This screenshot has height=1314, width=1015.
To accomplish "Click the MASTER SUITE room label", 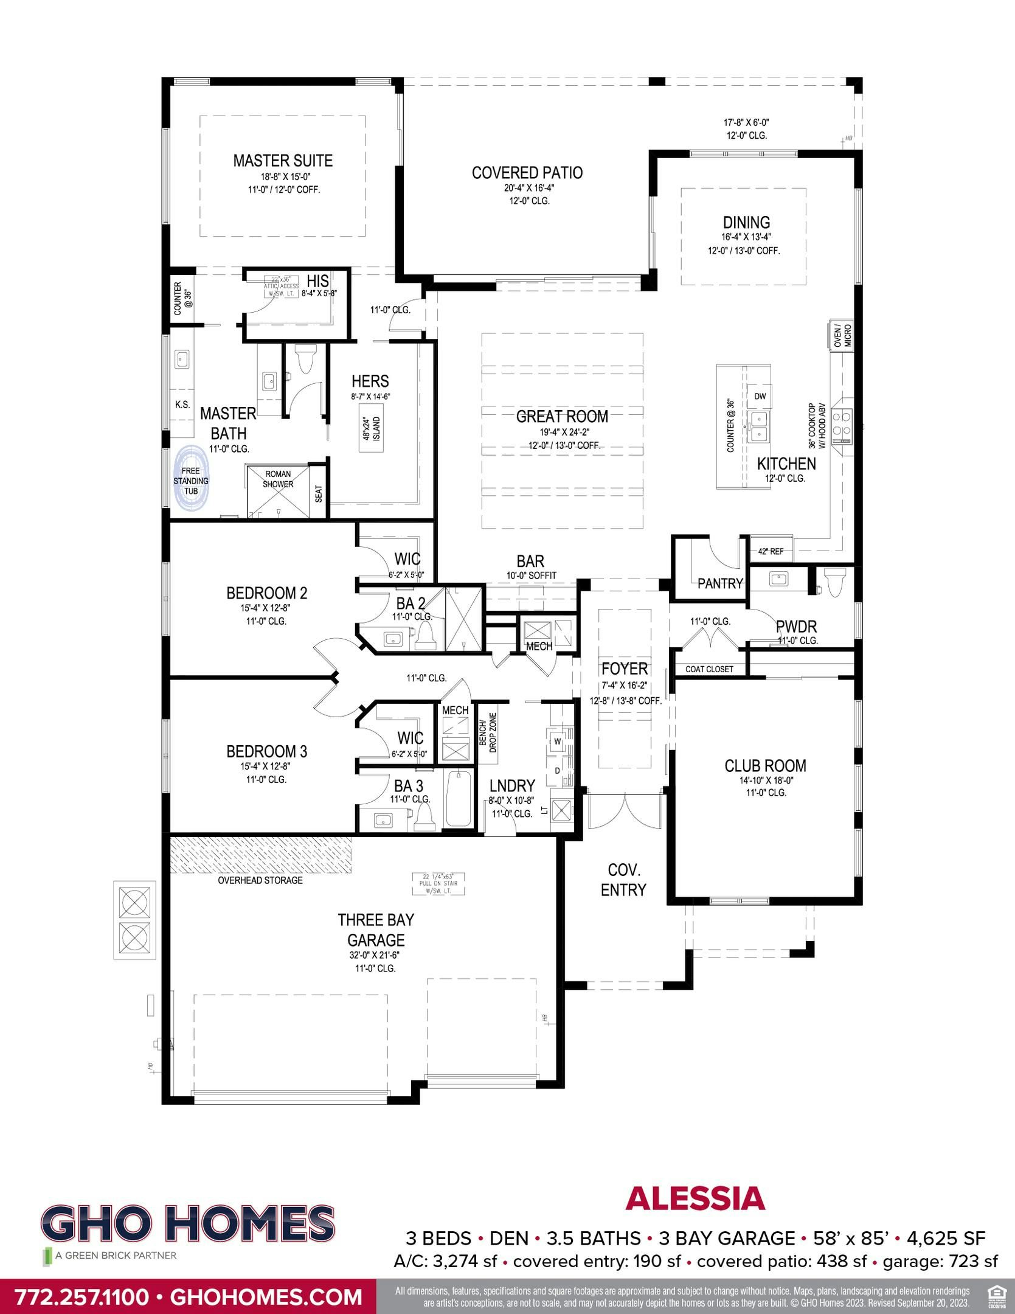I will tap(283, 161).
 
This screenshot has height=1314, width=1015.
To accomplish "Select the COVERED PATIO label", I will tap(527, 173).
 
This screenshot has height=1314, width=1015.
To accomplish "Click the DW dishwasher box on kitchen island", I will tap(760, 397).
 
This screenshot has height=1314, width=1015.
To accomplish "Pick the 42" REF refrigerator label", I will tap(771, 552).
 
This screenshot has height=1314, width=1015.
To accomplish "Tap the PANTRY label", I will tap(720, 583).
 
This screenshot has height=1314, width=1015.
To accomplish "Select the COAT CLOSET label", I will tap(709, 669).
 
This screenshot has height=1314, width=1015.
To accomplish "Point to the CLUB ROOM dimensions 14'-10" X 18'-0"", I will tap(764, 780).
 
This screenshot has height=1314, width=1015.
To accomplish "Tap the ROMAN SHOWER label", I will tap(278, 479).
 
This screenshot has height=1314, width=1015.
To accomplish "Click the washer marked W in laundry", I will tap(556, 741).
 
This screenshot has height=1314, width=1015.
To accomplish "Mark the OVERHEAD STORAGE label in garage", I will tap(260, 880).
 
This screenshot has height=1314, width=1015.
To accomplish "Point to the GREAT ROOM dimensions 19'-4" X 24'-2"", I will tap(563, 432).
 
